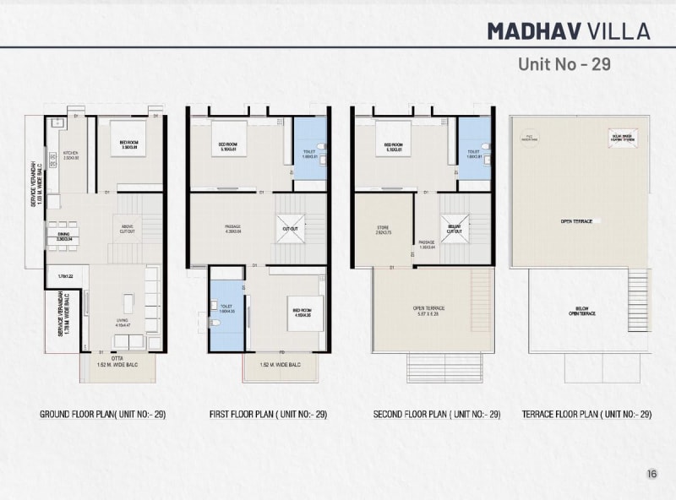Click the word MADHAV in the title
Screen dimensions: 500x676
click(x=537, y=31)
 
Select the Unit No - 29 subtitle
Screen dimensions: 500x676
click(x=564, y=64)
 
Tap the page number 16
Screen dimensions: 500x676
click(x=651, y=474)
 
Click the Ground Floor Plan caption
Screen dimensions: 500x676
click(x=102, y=415)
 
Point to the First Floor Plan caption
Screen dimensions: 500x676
click(x=268, y=415)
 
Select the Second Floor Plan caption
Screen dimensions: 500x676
click(x=437, y=415)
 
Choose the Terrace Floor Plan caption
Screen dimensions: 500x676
click(x=586, y=415)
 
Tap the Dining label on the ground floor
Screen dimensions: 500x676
click(x=63, y=236)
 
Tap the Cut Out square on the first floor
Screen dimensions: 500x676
click(x=289, y=228)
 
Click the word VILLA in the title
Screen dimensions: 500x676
click(x=620, y=31)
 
